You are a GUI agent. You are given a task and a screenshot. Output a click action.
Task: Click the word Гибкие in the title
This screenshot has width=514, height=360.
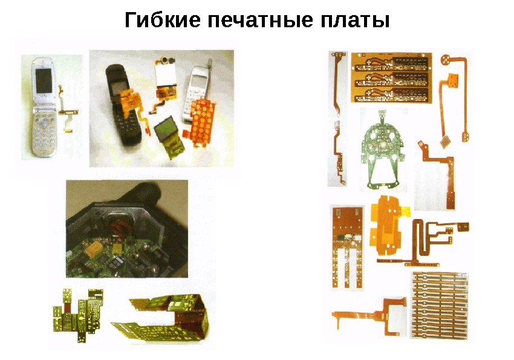pos(163,19)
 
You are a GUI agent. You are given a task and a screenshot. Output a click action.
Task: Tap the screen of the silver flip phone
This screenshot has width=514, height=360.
pos(44,80)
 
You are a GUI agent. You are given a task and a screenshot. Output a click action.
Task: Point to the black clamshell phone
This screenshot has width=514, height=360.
pos(122,105)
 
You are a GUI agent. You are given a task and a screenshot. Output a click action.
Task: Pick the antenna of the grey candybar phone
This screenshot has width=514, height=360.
pos(210,63)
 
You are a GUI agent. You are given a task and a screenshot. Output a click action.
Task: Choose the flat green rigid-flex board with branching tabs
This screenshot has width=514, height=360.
pos(78,315)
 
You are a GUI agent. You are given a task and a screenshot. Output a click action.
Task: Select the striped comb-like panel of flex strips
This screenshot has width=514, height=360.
pos(439,304)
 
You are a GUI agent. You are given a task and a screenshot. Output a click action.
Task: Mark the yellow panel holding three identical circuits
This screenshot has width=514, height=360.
pos(391,77)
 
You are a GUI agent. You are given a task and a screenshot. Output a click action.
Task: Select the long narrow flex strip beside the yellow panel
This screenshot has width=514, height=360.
pos(338,118)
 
